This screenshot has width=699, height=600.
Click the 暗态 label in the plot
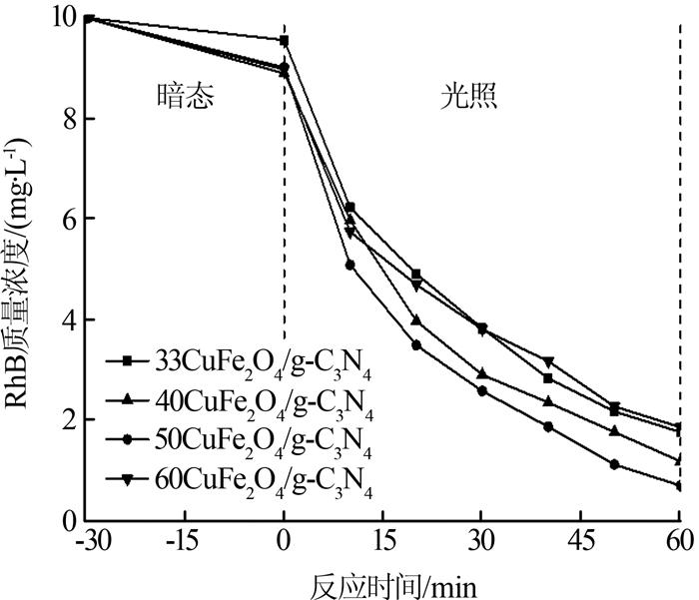(186, 96)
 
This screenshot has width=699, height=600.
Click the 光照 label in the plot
(470, 96)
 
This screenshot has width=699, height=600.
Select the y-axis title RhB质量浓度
(22, 271)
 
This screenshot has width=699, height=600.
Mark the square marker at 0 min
(285, 41)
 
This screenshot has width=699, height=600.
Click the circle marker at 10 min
(350, 265)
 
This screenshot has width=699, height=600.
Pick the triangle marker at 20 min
(416, 321)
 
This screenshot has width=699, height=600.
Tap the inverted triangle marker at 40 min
(547, 361)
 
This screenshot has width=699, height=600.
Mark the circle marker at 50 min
(614, 464)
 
